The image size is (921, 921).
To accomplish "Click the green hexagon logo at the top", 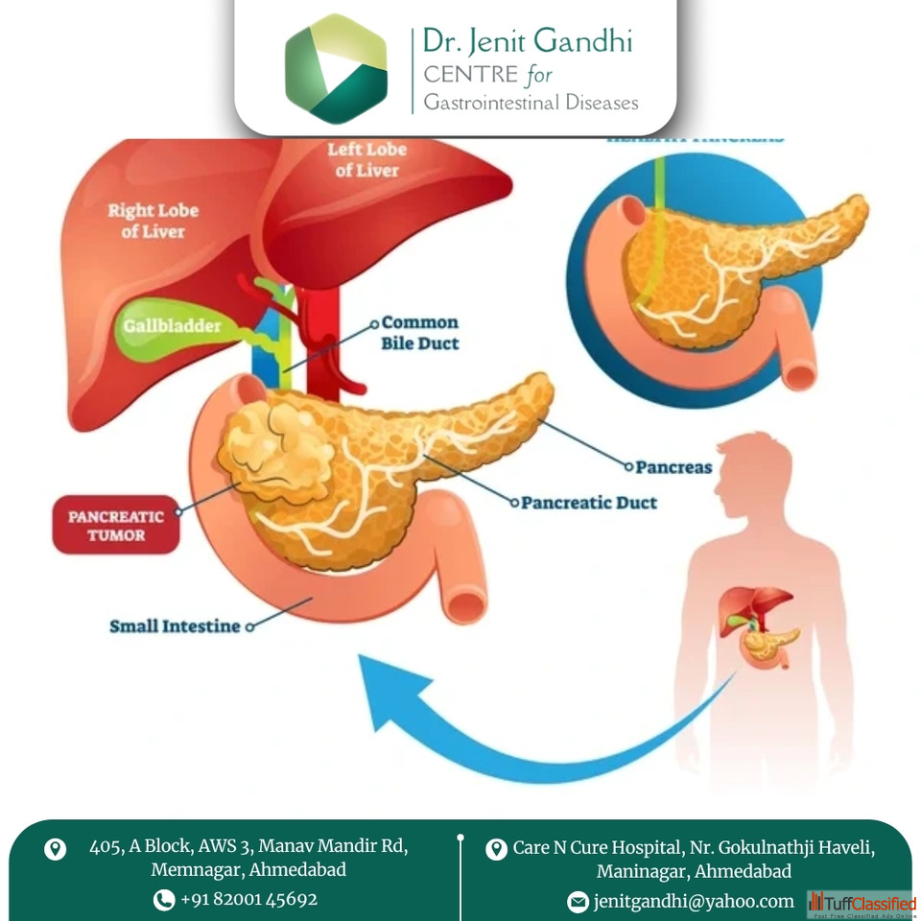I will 336,69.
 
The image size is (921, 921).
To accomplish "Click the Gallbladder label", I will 172,326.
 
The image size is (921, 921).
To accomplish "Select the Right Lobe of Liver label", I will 153,222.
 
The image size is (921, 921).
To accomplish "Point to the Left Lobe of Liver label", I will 366,160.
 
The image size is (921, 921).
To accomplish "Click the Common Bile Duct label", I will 420,333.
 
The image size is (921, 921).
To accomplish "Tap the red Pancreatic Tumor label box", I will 116,525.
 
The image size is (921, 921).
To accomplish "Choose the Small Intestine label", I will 175,626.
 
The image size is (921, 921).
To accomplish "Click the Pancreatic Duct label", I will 589,502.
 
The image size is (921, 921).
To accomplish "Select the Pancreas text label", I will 673,467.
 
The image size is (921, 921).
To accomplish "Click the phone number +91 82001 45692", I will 248,899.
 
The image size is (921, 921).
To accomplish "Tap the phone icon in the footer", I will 164,900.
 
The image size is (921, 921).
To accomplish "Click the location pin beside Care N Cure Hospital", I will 496,849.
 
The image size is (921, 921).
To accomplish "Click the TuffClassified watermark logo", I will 861,904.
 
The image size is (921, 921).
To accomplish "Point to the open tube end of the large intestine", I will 467,602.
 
